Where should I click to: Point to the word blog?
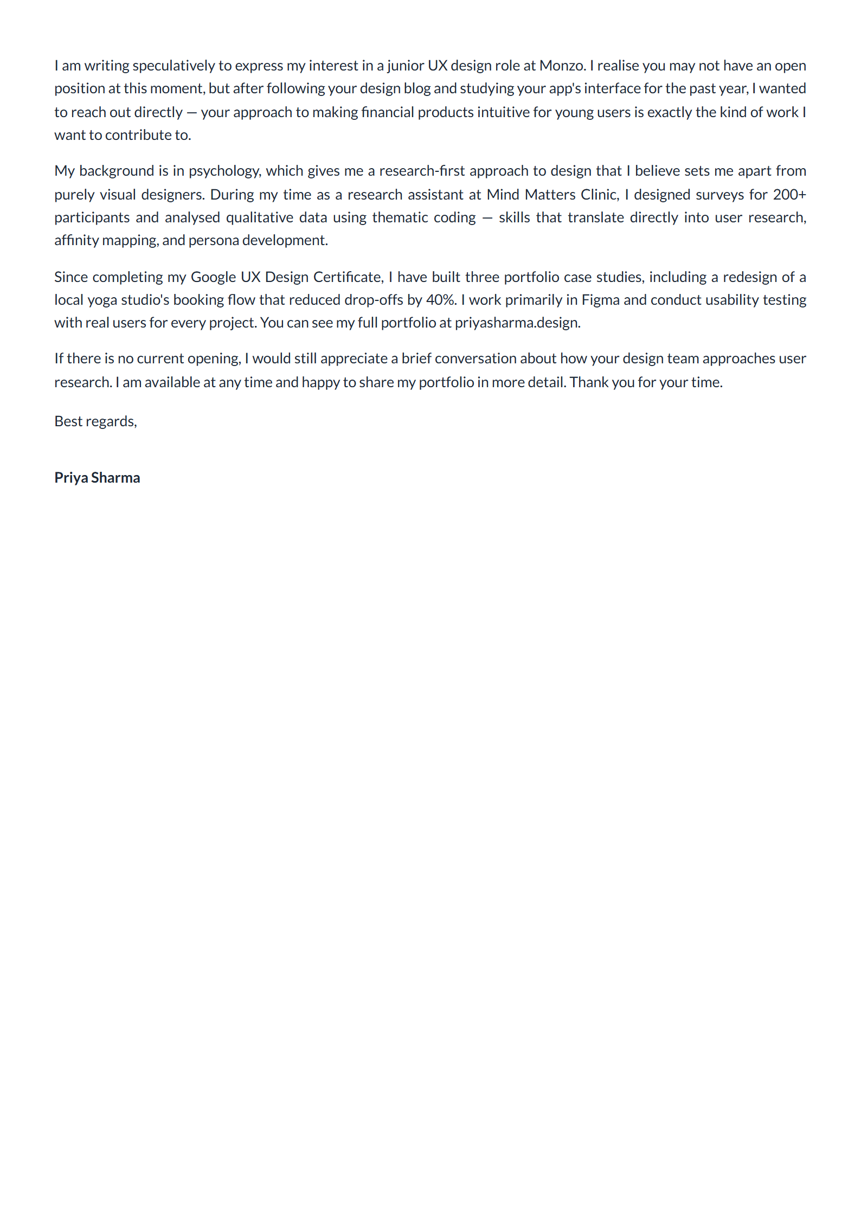point(417,89)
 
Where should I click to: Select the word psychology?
point(224,171)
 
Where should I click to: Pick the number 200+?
point(789,195)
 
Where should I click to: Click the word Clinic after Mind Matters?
point(600,195)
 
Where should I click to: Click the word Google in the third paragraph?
point(213,278)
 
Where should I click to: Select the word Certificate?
point(349,278)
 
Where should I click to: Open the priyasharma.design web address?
point(517,323)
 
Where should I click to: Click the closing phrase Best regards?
point(95,422)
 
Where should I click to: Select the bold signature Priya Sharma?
point(97,478)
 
